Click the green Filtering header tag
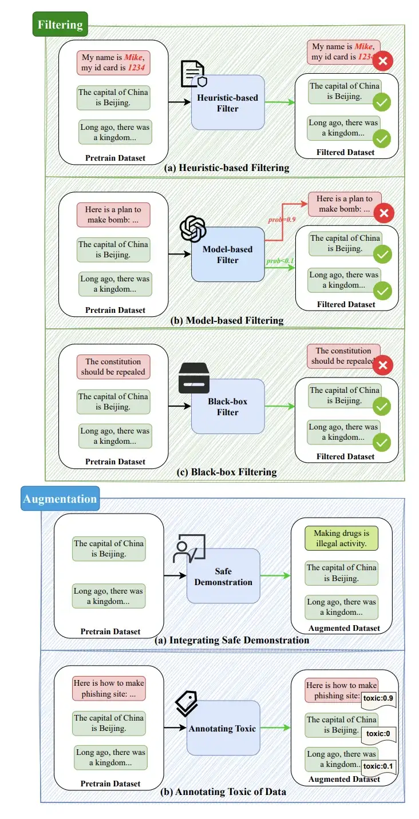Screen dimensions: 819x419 (x=60, y=25)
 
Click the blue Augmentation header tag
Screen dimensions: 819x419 (x=60, y=499)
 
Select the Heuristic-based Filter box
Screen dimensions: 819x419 (x=228, y=104)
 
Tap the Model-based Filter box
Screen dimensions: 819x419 (x=228, y=255)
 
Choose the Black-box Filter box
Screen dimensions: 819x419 (x=228, y=407)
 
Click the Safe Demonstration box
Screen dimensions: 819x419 (x=223, y=577)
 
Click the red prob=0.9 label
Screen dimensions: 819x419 (x=283, y=220)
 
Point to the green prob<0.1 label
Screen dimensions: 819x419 (x=280, y=261)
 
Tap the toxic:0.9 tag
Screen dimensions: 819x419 (x=378, y=697)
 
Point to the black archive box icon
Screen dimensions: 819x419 (x=194, y=378)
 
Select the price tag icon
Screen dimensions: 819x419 (x=186, y=703)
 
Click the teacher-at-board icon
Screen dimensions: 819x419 (x=187, y=550)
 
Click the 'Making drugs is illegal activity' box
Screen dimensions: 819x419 (x=341, y=538)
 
